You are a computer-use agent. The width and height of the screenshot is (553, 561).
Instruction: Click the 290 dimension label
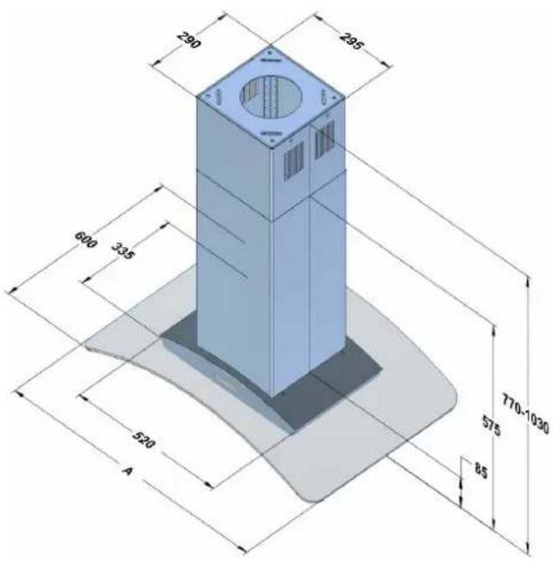click(189, 40)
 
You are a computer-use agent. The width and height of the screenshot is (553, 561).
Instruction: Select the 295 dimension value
click(352, 41)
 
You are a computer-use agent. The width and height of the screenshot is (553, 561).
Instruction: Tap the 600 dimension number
click(85, 239)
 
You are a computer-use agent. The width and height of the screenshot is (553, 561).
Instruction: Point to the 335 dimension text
click(123, 250)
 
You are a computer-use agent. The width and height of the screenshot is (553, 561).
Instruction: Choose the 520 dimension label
click(144, 440)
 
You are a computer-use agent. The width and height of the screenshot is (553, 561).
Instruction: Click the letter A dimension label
click(127, 470)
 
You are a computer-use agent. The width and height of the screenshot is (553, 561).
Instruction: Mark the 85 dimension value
click(481, 470)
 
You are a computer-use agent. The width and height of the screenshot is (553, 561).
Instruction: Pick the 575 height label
click(491, 426)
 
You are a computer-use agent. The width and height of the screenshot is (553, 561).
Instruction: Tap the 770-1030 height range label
click(525, 414)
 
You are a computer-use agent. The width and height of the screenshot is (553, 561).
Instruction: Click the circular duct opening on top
click(270, 96)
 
